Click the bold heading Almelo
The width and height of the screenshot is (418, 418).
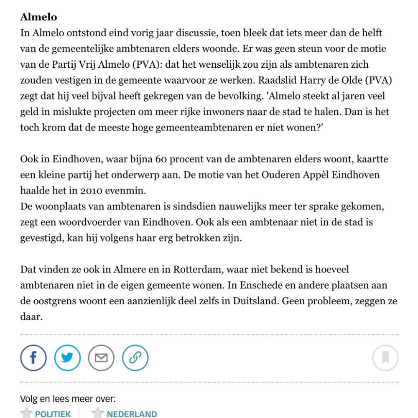click(x=38, y=18)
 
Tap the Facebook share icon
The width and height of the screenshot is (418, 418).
click(x=33, y=358)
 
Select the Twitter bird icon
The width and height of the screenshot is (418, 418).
click(x=67, y=358)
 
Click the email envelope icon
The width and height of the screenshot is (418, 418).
click(x=101, y=358)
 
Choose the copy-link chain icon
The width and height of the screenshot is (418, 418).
click(x=135, y=358)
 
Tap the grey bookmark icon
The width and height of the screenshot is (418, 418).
click(x=385, y=358)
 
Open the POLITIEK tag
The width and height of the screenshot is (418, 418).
click(x=53, y=414)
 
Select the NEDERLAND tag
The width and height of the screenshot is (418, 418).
click(x=132, y=414)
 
